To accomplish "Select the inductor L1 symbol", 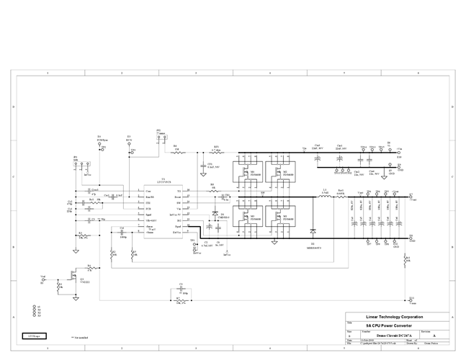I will click(x=326, y=196).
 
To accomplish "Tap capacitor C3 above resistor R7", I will click(x=178, y=289).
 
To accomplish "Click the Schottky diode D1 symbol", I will click(x=313, y=233).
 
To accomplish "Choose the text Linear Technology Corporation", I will click(x=395, y=317).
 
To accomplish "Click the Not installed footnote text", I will click(x=81, y=337).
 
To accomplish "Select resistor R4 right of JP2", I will click(x=176, y=153).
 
